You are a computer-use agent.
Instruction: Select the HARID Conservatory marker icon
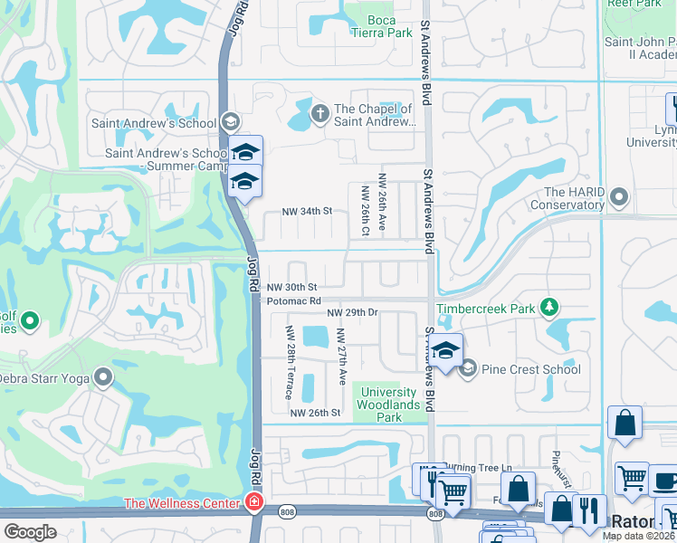[619, 196]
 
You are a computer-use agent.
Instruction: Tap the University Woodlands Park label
[389, 405]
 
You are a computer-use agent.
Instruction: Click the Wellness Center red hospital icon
[254, 503]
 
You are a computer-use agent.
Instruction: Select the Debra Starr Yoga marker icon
[104, 377]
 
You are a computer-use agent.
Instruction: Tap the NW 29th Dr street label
[352, 312]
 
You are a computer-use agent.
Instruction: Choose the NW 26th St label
[314, 413]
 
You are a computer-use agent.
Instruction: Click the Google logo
[31, 531]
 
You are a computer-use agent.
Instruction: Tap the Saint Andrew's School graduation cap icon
[230, 123]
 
